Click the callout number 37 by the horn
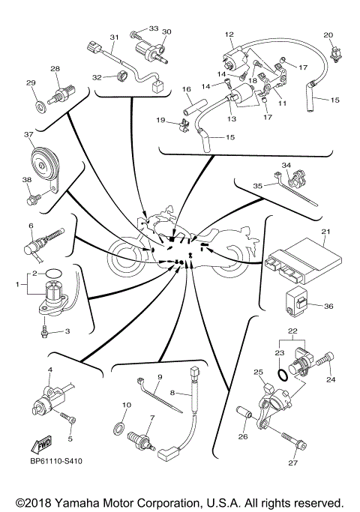(x=28, y=135)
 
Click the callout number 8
(x=172, y=393)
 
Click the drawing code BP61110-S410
(x=57, y=463)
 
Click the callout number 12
(x=229, y=34)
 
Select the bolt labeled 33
(x=137, y=33)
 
